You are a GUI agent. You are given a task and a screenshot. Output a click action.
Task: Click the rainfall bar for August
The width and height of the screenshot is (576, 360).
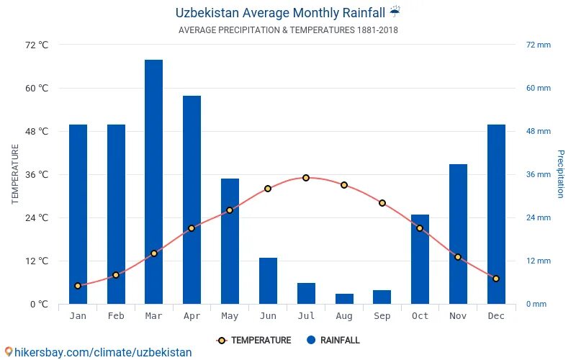point(344,299)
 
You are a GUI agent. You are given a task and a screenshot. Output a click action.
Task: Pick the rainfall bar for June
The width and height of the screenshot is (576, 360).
point(268,281)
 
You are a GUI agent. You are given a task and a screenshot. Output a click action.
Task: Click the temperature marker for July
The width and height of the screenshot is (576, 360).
point(306,178)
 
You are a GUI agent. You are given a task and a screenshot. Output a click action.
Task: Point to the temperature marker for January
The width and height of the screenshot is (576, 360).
point(78,286)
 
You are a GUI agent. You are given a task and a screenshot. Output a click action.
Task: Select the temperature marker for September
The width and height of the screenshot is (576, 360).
point(382,203)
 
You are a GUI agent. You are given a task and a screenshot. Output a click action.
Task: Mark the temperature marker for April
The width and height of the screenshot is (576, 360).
point(192,228)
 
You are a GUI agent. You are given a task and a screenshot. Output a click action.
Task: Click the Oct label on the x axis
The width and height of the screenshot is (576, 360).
point(420,316)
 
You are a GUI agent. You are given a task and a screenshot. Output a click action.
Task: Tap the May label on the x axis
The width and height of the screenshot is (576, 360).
point(230,316)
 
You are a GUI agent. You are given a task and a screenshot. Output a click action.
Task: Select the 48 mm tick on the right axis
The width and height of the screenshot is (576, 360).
point(538,132)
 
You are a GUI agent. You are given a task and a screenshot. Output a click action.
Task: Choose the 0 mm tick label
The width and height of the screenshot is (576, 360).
point(536,305)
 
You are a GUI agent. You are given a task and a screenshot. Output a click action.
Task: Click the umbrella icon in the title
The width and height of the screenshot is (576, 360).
point(395,12)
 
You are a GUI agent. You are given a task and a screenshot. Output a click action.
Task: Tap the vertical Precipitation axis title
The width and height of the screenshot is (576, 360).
point(560,174)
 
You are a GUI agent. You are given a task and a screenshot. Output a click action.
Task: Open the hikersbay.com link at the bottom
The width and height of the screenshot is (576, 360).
point(98,352)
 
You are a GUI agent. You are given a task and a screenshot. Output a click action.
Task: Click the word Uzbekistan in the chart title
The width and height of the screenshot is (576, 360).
point(207,12)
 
